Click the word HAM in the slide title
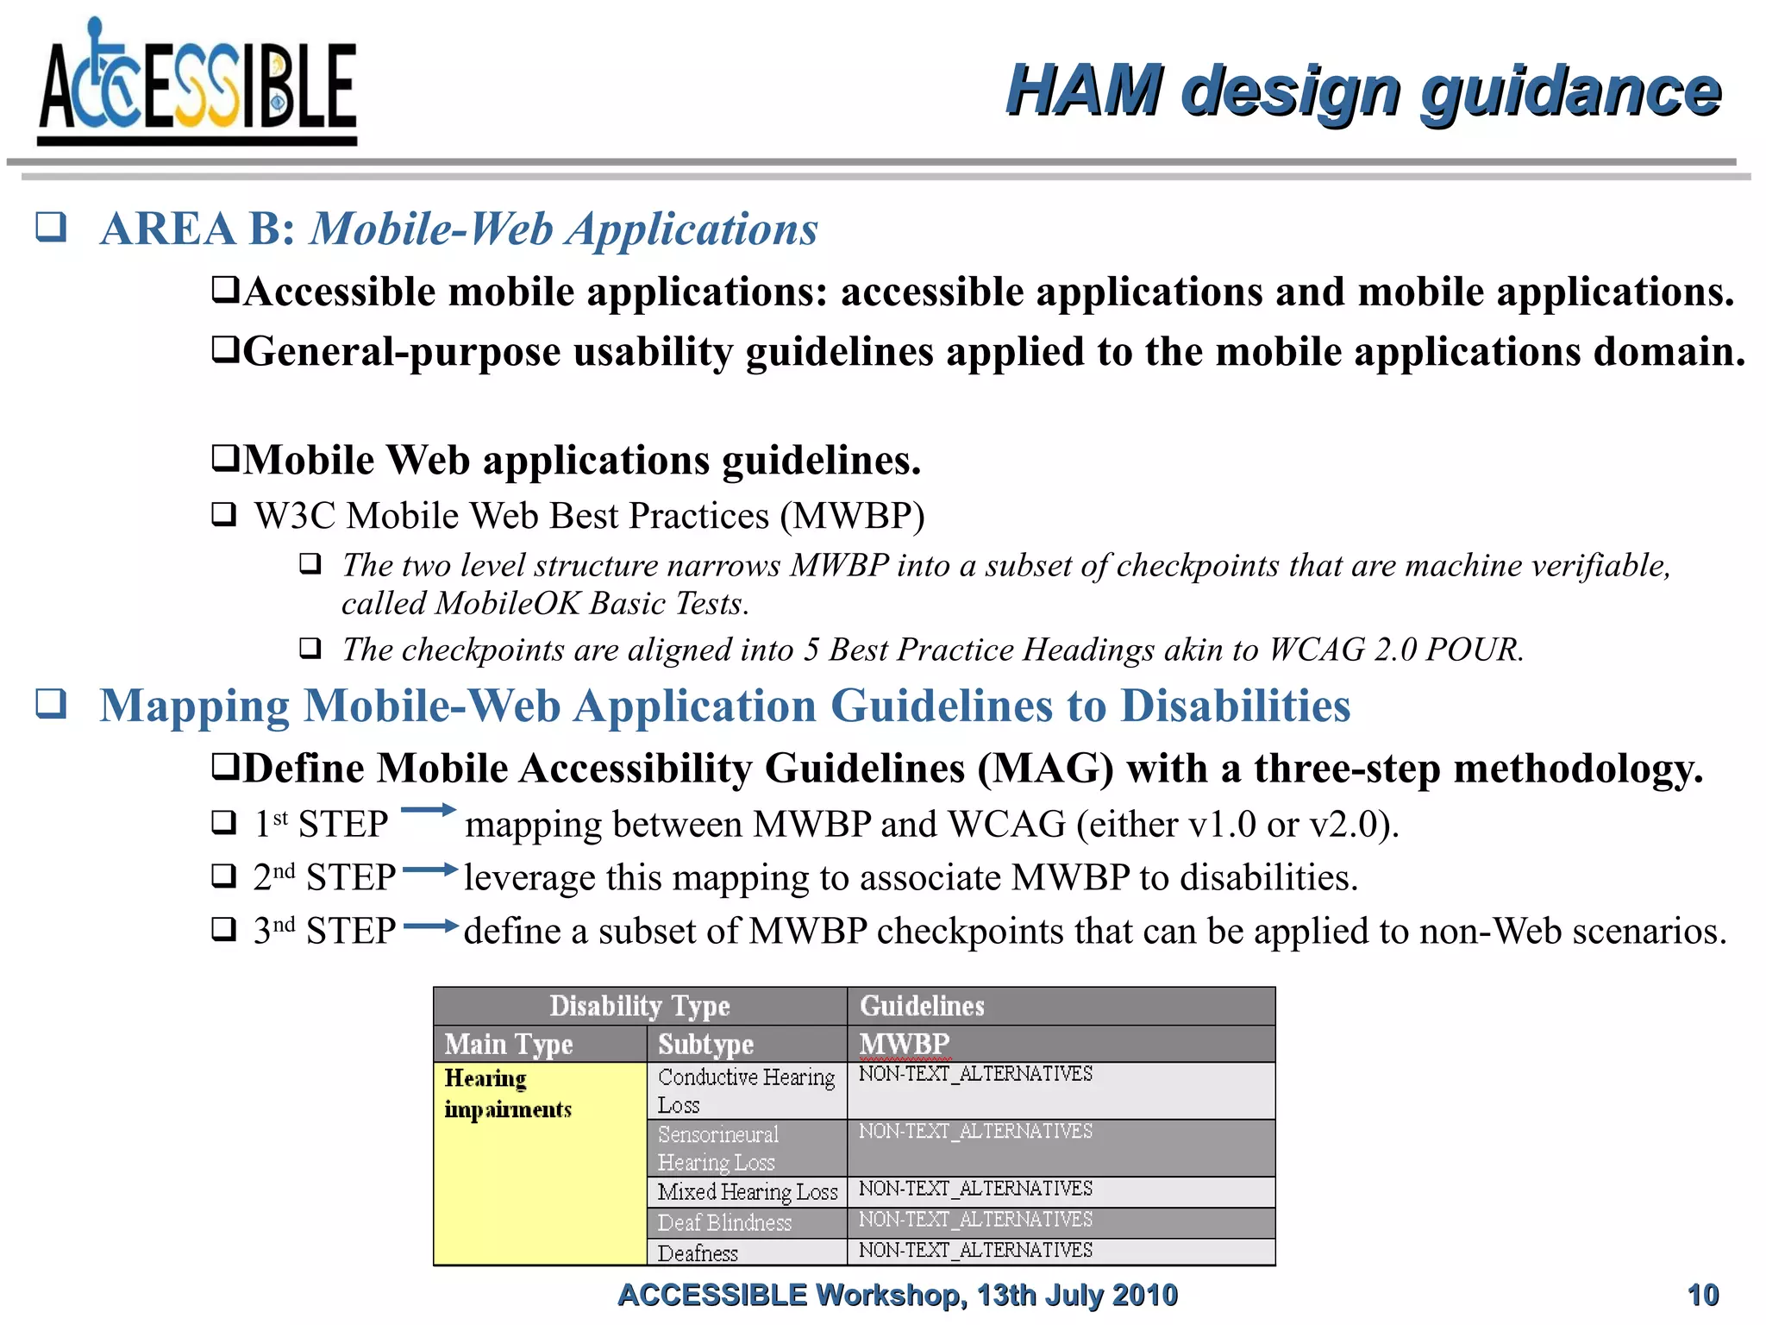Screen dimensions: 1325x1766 tap(1083, 91)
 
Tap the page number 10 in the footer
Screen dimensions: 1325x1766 tap(1702, 1295)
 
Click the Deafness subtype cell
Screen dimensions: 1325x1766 tap(746, 1253)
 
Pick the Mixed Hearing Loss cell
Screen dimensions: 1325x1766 tap(747, 1192)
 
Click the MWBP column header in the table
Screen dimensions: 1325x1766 tap(904, 1044)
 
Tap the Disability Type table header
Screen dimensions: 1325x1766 tap(639, 1006)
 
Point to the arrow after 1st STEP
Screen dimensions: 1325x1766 tap(428, 810)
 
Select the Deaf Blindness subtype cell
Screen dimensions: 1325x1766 tap(746, 1222)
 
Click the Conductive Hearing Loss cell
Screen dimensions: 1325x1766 tap(746, 1091)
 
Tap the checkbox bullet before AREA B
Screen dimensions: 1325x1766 tap(51, 227)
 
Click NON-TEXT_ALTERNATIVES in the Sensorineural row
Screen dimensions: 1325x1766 tap(975, 1131)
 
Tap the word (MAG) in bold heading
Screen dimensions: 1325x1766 tap(1045, 769)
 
